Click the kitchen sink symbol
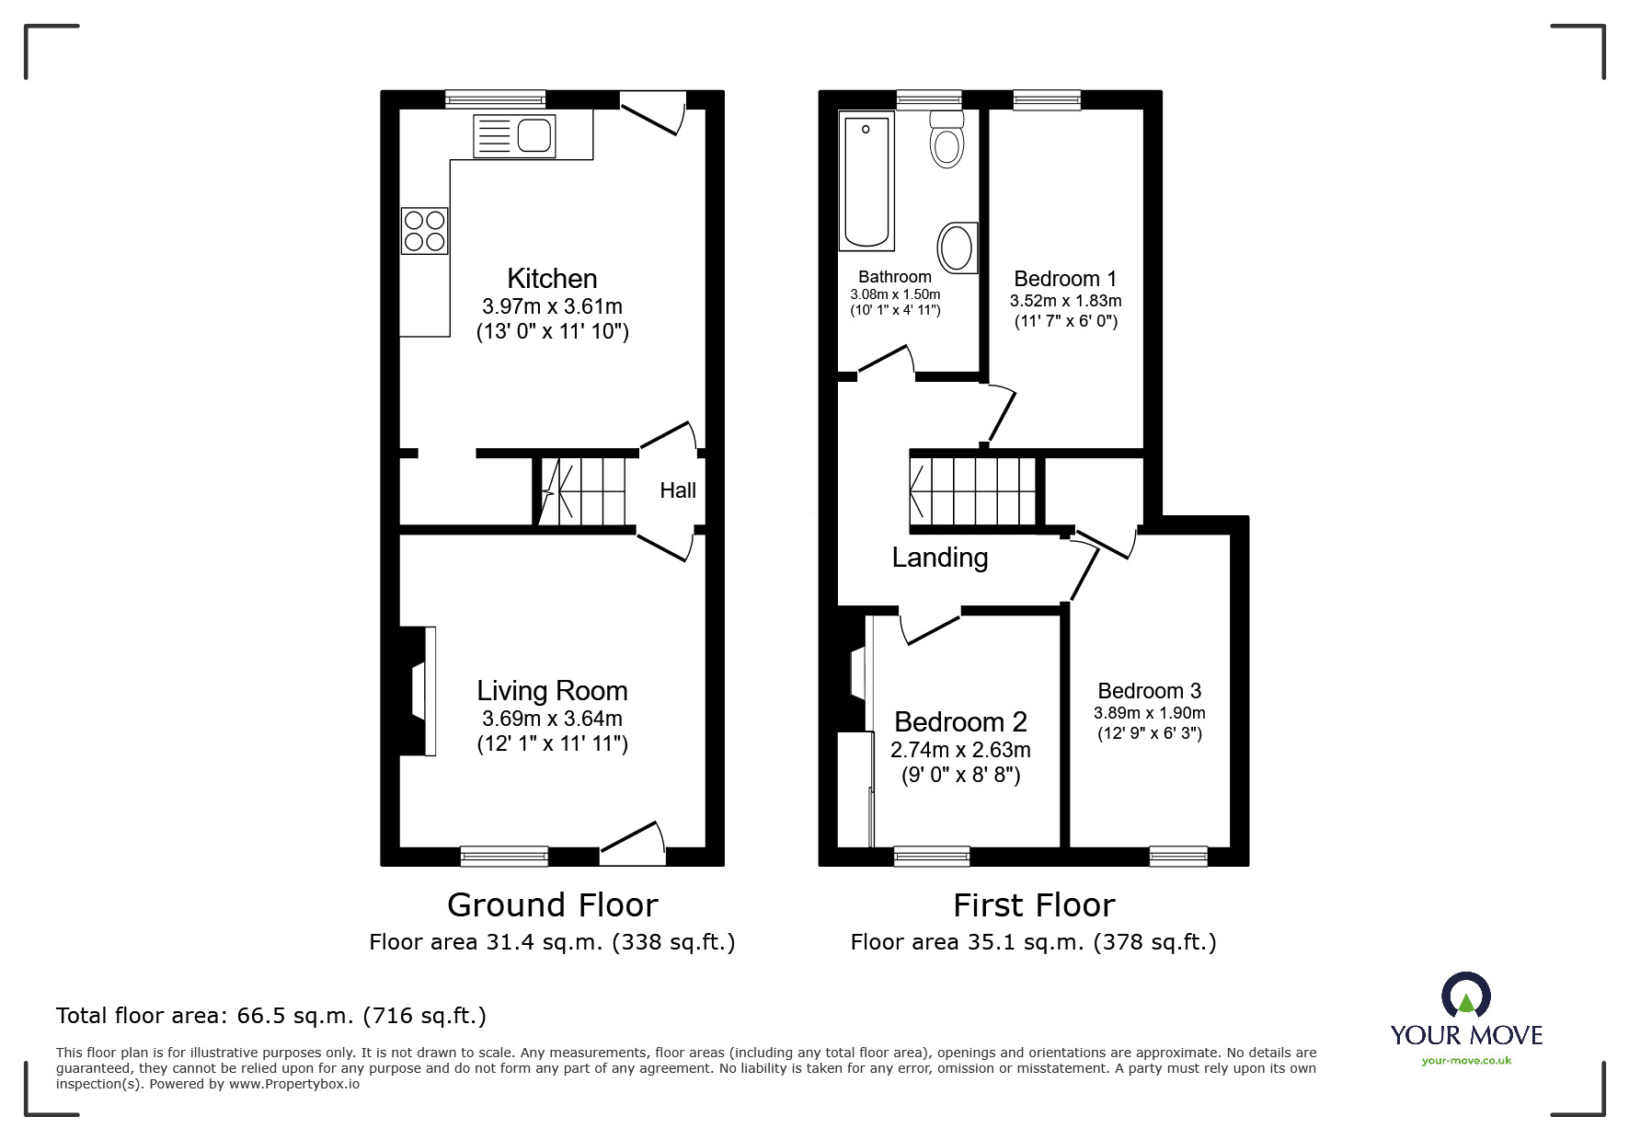(514, 135)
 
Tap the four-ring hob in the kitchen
(424, 230)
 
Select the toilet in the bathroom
(946, 139)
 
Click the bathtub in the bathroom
(866, 181)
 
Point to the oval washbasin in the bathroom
(958, 248)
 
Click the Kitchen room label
(552, 279)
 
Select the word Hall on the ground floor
(678, 490)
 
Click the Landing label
(940, 558)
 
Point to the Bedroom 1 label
(1065, 279)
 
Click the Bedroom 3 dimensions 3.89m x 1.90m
(1149, 713)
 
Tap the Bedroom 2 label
(960, 722)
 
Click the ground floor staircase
(581, 491)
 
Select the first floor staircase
(973, 491)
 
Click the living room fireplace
(419, 691)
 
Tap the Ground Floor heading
(552, 905)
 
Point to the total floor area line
(271, 1016)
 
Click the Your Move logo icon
(1465, 997)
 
